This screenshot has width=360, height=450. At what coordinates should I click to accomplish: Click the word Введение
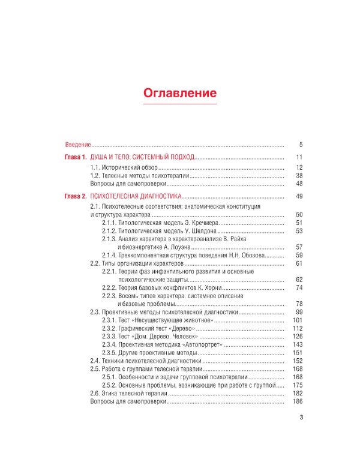[x=78, y=145]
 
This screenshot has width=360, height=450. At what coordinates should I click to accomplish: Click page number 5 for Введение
[x=301, y=145]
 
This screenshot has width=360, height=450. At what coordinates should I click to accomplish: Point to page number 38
[x=299, y=175]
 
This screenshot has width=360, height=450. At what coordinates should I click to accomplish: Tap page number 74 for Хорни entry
[x=299, y=288]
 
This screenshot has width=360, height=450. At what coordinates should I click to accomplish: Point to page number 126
[x=298, y=337]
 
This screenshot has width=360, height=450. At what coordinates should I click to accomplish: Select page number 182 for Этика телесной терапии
[x=298, y=393]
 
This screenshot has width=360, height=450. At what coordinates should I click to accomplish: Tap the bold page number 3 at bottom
[x=301, y=419]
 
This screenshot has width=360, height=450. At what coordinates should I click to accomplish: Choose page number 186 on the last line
[x=298, y=401]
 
